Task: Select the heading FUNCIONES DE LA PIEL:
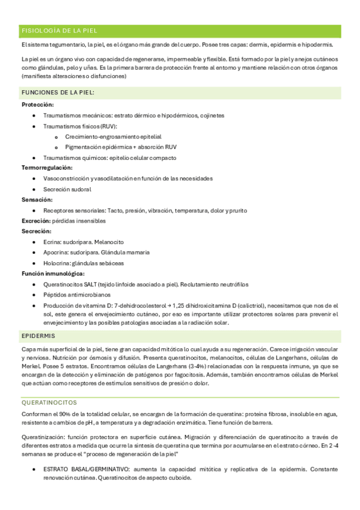[58, 93]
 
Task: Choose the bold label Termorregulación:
[47, 167]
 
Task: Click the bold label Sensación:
[37, 199]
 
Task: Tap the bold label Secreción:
[37, 231]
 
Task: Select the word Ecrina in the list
[52, 242]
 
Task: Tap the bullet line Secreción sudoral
[67, 189]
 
